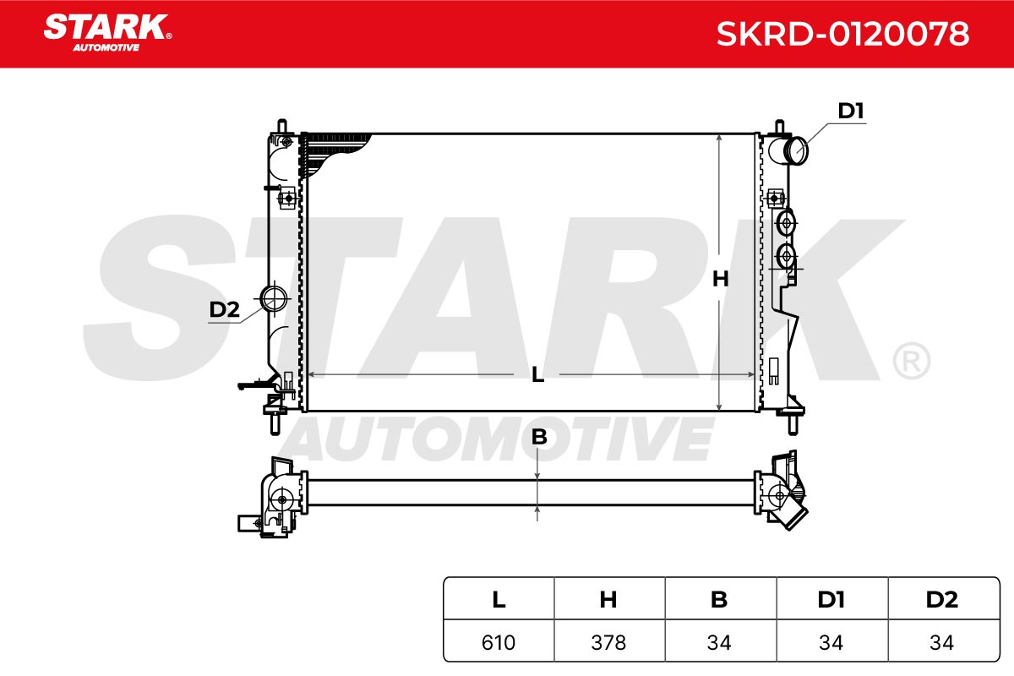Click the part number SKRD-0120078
(842, 34)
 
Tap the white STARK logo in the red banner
(107, 33)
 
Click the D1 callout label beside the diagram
(851, 111)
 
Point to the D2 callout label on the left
(224, 310)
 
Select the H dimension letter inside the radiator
(720, 279)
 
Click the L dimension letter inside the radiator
(537, 375)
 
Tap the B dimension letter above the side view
(539, 438)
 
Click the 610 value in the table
(499, 642)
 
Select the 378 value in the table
(608, 642)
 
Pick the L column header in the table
(499, 599)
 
